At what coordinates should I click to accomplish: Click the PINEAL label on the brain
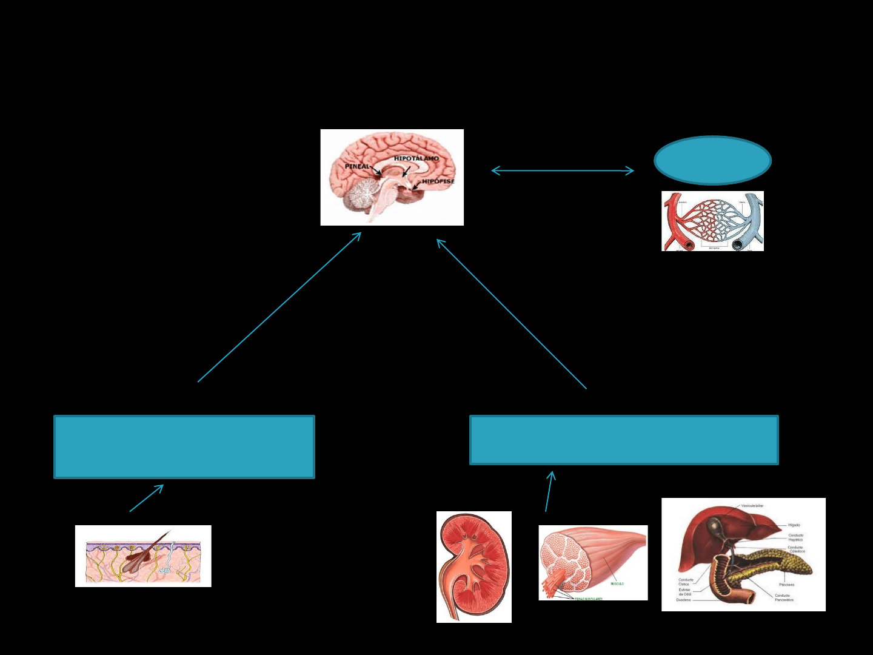coord(356,166)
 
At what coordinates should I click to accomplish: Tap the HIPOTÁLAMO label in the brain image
coord(416,159)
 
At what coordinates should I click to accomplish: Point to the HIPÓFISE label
coord(438,181)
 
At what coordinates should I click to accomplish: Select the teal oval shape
coord(712,161)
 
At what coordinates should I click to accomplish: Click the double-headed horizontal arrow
coord(563,171)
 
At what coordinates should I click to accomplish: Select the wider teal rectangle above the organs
coord(624,440)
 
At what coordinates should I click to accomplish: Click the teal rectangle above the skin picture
coord(184,447)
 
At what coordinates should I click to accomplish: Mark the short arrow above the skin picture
coord(147,498)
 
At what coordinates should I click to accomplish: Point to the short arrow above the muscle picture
coord(549,491)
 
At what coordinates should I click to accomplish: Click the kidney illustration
coord(473,566)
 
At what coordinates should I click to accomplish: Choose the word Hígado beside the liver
coord(794,525)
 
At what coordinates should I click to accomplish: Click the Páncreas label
coord(786,585)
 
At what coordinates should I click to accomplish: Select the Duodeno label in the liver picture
coord(683,600)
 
